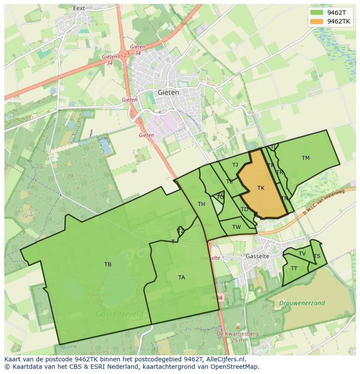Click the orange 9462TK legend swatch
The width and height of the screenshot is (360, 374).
point(317,21)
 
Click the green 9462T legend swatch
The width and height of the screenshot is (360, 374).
point(317,13)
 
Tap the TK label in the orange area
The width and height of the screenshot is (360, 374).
point(261,188)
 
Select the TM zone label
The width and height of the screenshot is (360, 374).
point(306,158)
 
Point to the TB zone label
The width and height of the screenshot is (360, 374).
point(108,264)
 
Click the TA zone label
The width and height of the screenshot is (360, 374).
point(181,277)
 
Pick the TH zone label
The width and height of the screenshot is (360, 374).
point(201,204)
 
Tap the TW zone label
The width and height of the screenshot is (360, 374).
point(236,227)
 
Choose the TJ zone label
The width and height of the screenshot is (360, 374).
point(235,165)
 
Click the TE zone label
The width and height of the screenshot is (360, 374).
point(229,182)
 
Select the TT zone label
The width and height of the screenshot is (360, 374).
point(294,268)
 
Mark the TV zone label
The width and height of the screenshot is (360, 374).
point(302,254)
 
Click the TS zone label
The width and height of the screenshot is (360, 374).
point(317,256)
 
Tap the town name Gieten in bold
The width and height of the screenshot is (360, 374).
point(168,93)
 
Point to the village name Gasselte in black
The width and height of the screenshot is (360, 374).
point(257,256)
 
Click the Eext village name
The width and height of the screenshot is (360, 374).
point(79,8)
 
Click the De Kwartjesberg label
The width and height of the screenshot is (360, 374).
point(238,334)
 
